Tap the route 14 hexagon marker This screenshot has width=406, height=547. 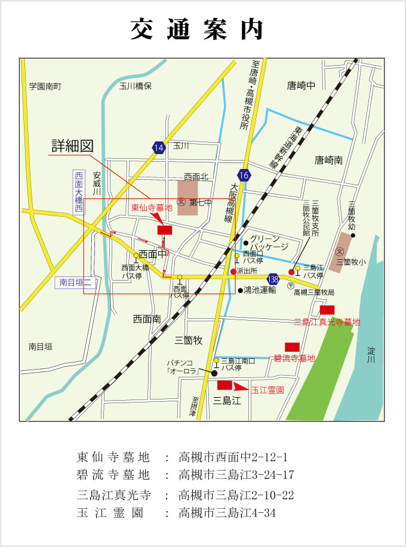[x=158, y=148]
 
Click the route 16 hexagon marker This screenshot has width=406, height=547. [x=243, y=175]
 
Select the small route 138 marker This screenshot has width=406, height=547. [x=273, y=279]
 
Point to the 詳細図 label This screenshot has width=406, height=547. [x=73, y=146]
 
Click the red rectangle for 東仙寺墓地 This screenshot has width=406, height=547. [x=164, y=230]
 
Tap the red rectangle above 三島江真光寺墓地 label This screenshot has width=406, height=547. [x=327, y=309]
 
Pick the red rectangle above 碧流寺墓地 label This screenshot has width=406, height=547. [x=292, y=347]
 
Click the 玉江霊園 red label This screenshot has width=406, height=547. [x=267, y=389]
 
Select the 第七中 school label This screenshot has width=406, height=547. [x=201, y=203]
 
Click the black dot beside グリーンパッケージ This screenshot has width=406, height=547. [x=246, y=242]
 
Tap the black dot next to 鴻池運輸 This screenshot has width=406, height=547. [x=240, y=291]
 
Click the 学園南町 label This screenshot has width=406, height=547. [x=45, y=86]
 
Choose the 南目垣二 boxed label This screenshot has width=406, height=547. [x=75, y=282]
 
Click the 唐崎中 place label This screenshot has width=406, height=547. [x=300, y=85]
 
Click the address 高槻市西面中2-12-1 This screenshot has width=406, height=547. [x=233, y=458]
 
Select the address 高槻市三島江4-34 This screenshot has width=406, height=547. [x=227, y=513]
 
